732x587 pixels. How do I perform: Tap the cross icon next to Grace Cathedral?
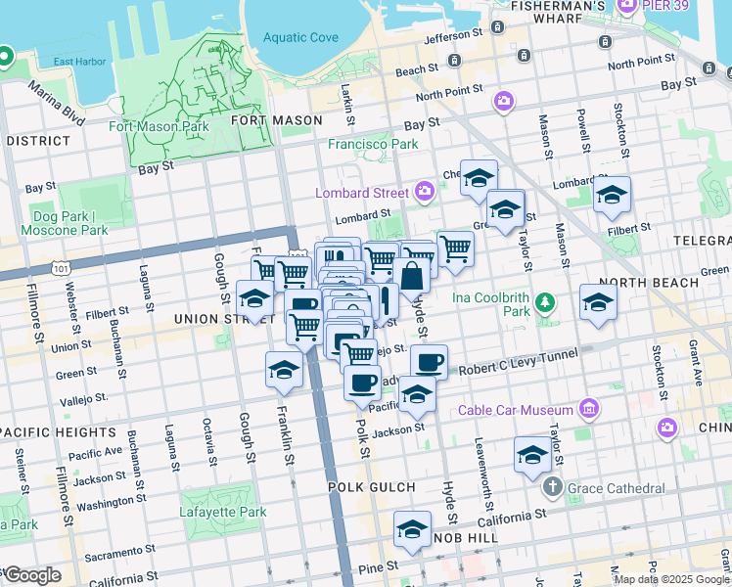click(x=552, y=486)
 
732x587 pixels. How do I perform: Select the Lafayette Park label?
click(x=223, y=512)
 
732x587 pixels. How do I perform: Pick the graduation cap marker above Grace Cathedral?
click(x=532, y=455)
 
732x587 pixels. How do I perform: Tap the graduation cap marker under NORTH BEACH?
click(x=598, y=301)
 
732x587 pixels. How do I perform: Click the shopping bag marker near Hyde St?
click(x=414, y=277)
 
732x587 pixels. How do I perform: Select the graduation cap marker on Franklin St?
click(x=284, y=370)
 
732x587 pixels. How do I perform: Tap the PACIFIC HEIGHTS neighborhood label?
click(x=59, y=431)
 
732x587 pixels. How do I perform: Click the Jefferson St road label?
click(x=454, y=35)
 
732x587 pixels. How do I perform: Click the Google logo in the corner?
click(x=31, y=574)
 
